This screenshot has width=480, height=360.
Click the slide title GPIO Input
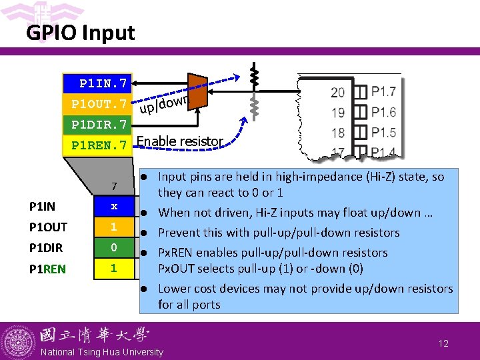pyautogui.click(x=80, y=33)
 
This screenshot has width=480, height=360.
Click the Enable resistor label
pyautogui.click(x=180, y=141)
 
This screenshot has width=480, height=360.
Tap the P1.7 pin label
pyautogui.click(x=383, y=91)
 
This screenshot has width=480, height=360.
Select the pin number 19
pyautogui.click(x=338, y=112)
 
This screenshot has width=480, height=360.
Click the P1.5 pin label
pyautogui.click(x=383, y=133)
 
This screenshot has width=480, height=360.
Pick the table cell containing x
pyautogui.click(x=114, y=207)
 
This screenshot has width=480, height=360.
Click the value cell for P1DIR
pyautogui.click(x=114, y=248)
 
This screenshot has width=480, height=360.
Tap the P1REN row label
pyautogui.click(x=48, y=269)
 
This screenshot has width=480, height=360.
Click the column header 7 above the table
pyautogui.click(x=114, y=185)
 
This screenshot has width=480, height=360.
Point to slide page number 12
pyautogui.click(x=443, y=343)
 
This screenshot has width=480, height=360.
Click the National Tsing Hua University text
pyautogui.click(x=101, y=352)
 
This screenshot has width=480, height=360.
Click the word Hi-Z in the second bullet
pyautogui.click(x=253, y=213)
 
